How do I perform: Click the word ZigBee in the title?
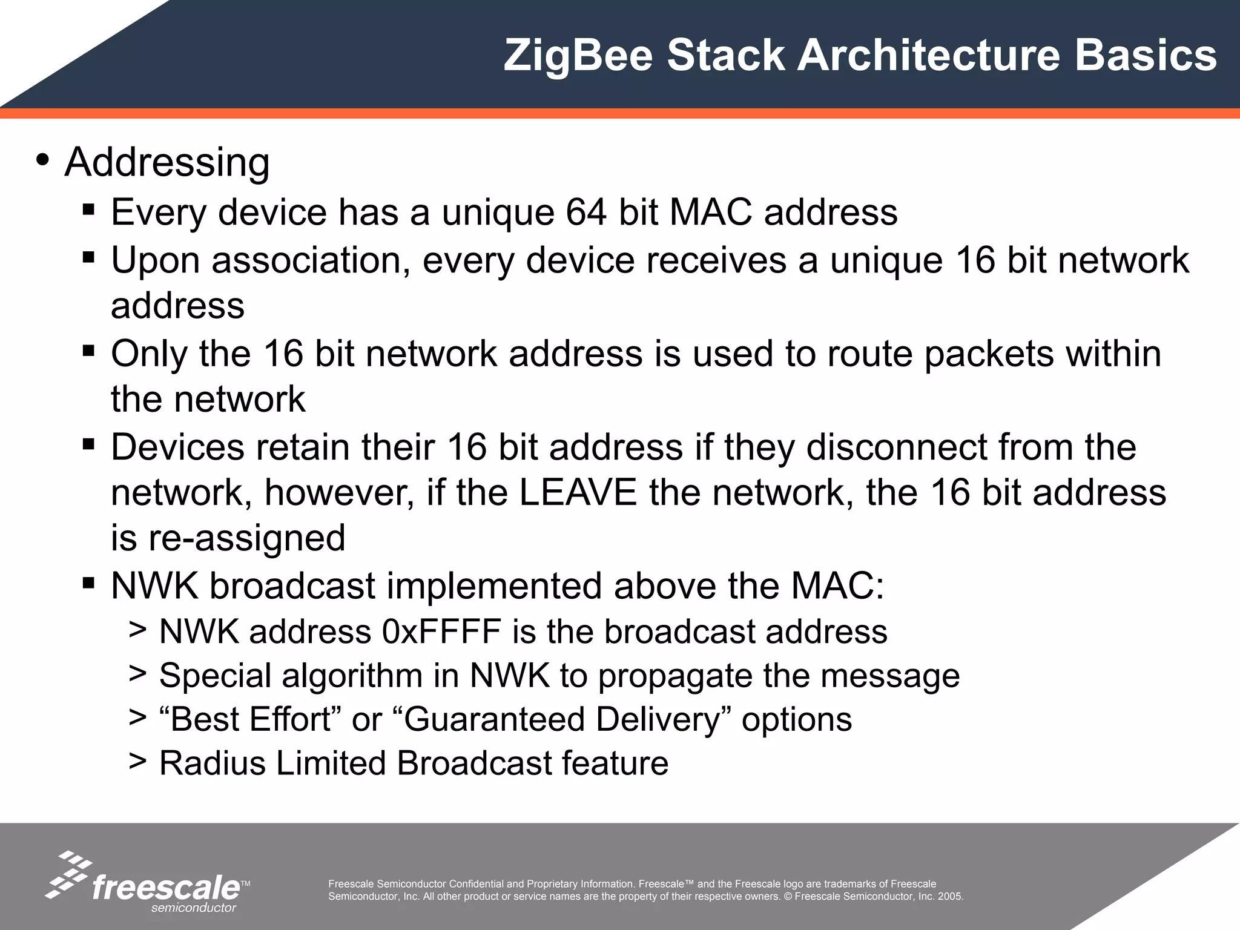click(x=578, y=56)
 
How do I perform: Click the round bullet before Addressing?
click(x=42, y=160)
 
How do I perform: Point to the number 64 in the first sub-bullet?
click(x=586, y=213)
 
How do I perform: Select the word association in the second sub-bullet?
click(x=306, y=260)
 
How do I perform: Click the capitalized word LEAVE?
click(x=578, y=492)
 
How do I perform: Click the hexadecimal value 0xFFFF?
click(x=441, y=632)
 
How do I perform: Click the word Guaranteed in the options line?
click(x=493, y=719)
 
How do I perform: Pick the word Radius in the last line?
click(x=212, y=763)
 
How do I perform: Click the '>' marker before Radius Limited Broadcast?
click(x=137, y=762)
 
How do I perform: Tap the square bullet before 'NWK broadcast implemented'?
click(x=88, y=584)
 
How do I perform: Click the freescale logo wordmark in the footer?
click(x=166, y=888)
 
